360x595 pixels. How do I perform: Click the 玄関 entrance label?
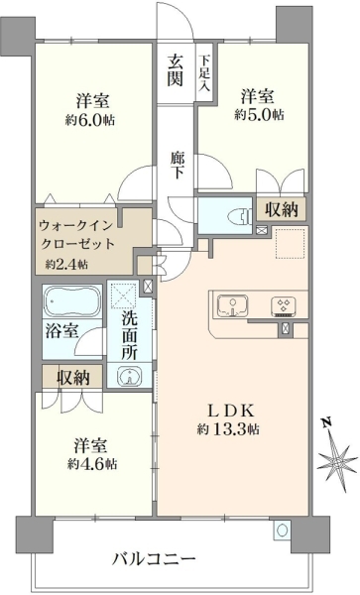(x=176, y=70)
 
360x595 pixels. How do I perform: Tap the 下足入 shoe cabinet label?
(x=204, y=73)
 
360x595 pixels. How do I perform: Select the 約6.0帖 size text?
(x=90, y=120)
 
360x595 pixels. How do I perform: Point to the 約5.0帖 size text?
(x=259, y=114)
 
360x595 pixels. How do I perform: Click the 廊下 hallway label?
(x=177, y=165)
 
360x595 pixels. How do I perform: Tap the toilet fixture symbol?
(x=238, y=216)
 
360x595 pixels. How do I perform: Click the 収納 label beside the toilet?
(x=282, y=208)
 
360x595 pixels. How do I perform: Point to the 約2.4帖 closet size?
(x=66, y=264)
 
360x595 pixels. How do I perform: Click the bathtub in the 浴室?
(x=72, y=301)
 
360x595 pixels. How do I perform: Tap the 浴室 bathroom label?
(x=61, y=330)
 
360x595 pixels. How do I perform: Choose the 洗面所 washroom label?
(x=129, y=335)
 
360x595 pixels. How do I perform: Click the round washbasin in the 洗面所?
(x=129, y=377)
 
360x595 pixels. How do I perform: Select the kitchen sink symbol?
(x=233, y=305)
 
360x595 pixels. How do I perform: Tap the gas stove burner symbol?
(x=284, y=306)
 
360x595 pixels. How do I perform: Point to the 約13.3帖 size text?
(x=228, y=429)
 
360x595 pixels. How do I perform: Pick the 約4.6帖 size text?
(x=92, y=464)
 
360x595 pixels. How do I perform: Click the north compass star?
(x=335, y=460)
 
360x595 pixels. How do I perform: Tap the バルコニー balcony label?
(x=154, y=558)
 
